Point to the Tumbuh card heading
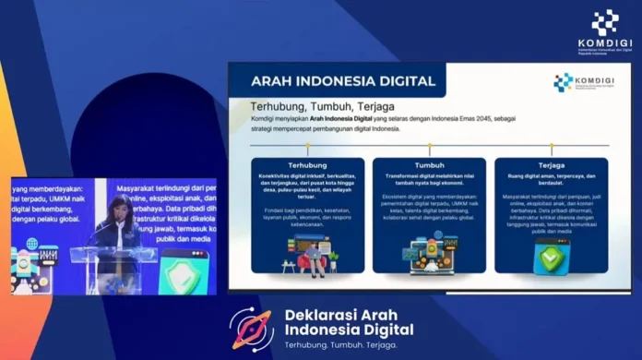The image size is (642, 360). point(429,166)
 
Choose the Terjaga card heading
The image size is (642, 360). point(551,166)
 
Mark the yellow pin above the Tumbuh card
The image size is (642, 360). point(429,147)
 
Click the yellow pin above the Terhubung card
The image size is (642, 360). point(307,147)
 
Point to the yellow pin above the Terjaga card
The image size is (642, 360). point(551,147)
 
